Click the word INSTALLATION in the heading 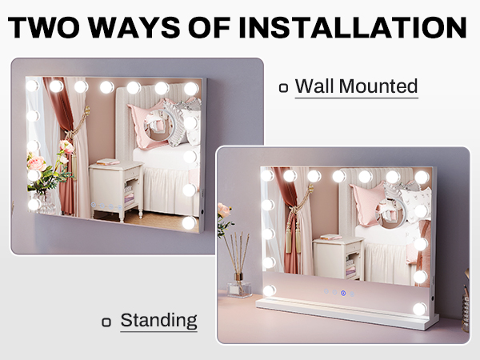[x=353, y=27]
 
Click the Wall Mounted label [x=356, y=86]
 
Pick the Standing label [x=158, y=321]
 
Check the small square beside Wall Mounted [x=284, y=88]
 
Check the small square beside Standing [x=106, y=322]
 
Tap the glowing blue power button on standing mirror [x=343, y=293]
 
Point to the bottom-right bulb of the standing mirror [x=419, y=309]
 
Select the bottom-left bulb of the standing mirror [x=270, y=290]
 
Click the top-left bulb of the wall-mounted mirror [x=32, y=86]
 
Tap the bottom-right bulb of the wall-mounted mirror [x=189, y=222]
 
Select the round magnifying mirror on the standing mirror [x=393, y=212]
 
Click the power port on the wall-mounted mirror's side [x=202, y=212]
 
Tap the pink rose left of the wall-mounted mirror [x=37, y=163]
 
